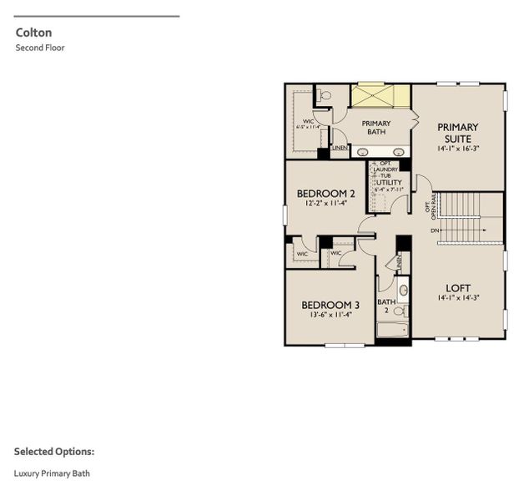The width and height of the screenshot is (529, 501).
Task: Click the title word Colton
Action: pos(33,33)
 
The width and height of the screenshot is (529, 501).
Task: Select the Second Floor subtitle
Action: pos(39,48)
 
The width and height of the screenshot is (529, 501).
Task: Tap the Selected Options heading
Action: pos(53,452)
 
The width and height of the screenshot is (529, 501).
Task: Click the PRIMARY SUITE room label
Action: pos(457,133)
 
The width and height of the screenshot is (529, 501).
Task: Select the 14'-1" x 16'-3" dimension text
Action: pos(457,149)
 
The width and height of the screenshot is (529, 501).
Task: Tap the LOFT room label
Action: pos(457,288)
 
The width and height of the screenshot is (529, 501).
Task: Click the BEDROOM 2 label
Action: pos(326,194)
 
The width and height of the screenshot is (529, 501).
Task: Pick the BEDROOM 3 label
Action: pos(330,305)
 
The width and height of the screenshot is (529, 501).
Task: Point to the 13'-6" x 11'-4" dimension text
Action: pos(330,315)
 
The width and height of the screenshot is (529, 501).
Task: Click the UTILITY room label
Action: pos(390,182)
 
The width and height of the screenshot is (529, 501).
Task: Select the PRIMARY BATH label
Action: pos(375,128)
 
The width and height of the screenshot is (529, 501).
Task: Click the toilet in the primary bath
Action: pos(325,95)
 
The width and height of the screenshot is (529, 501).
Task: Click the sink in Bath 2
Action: pos(404,290)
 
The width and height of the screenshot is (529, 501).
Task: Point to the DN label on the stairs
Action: pos(434,230)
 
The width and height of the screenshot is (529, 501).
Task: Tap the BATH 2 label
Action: pos(385,306)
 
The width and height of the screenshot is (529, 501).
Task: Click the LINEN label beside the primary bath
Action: pos(340,149)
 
